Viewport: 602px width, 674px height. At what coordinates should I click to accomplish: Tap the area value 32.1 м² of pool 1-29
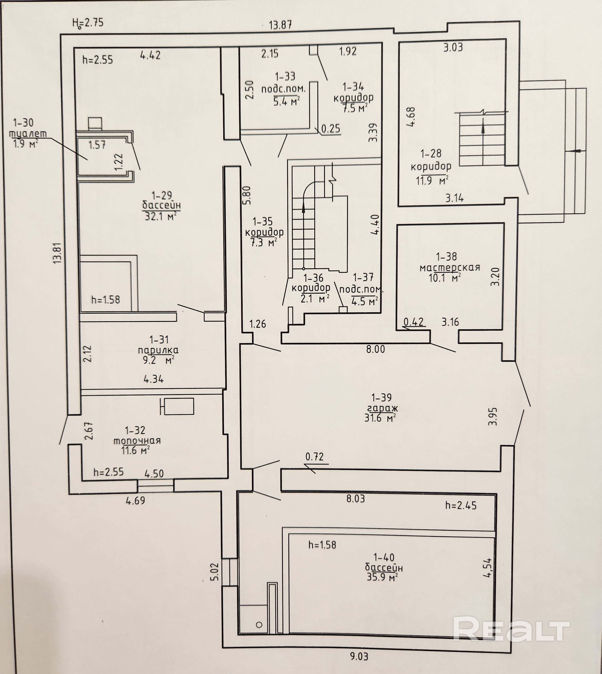[160, 216]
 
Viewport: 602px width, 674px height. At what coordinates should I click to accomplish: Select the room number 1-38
[446, 257]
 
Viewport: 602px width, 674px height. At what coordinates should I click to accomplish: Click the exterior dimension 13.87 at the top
[281, 25]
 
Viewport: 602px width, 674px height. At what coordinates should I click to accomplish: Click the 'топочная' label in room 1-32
[137, 441]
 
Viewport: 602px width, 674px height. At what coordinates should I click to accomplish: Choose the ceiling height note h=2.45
[461, 505]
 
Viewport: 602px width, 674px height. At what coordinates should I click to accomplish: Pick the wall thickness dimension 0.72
[314, 457]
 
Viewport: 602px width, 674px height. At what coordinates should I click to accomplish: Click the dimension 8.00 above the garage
[375, 349]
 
